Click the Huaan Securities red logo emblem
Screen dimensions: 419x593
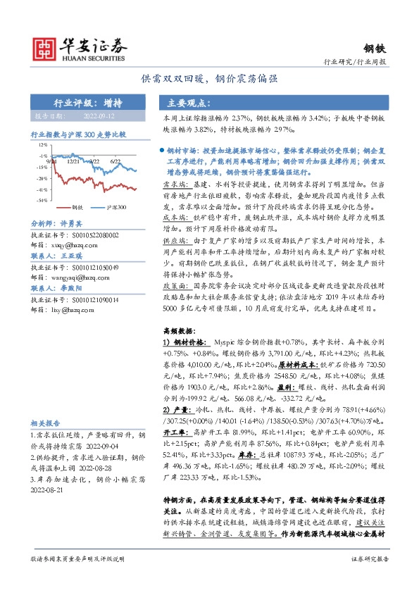[x=47, y=47]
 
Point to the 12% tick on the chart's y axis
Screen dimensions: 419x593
[x=44, y=144]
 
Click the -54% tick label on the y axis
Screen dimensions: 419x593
[x=43, y=200]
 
